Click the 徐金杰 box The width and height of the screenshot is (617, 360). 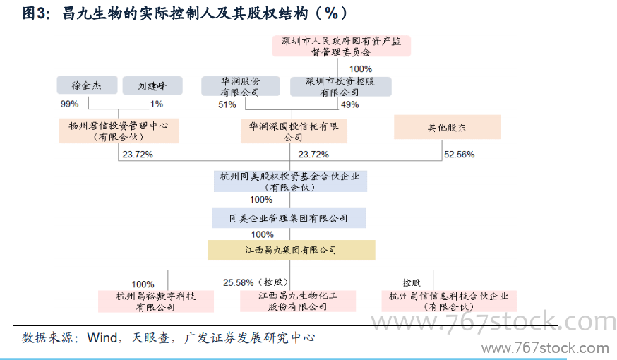tap(87, 85)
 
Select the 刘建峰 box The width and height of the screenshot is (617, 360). tap(152, 85)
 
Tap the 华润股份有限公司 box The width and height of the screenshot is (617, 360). tap(241, 87)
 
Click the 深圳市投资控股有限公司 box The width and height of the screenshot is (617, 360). tap(341, 87)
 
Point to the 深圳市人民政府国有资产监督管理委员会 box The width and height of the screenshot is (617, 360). tap(342, 46)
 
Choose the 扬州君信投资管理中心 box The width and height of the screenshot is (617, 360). tap(119, 131)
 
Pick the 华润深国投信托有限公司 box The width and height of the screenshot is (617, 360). tap(294, 131)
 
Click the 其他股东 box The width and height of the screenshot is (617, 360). tap(447, 127)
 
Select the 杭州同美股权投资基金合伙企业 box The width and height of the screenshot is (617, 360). tap(290, 181)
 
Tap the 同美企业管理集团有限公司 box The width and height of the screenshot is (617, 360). tap(289, 218)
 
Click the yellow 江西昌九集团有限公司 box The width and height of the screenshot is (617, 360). tap(291, 250)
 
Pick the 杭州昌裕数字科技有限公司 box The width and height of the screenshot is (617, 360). tap(156, 301)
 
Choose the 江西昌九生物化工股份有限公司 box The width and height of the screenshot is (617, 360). tap(298, 301)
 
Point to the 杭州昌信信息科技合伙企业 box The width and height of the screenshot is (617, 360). tap(449, 301)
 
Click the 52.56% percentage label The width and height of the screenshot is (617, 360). tap(459, 154)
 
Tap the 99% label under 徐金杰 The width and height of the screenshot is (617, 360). tap(70, 104)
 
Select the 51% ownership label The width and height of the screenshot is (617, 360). tap(227, 104)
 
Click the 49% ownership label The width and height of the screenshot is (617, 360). tap(350, 104)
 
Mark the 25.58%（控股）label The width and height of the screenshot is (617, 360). tap(256, 282)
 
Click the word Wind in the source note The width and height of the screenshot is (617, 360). tap(102, 337)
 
